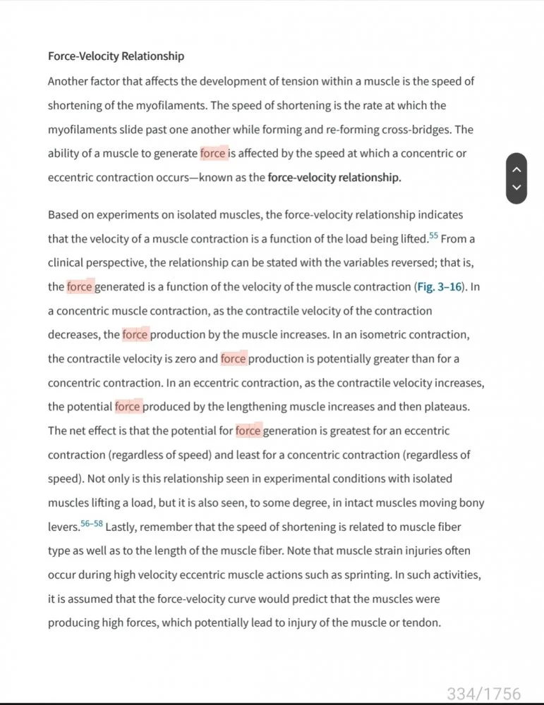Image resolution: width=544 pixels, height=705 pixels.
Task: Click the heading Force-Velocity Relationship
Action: pos(116,56)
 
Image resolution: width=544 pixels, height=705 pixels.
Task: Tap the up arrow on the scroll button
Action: pos(516,169)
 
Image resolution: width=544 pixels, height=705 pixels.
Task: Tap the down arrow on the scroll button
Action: pos(516,188)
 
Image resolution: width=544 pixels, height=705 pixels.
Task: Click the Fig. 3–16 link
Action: pos(439,287)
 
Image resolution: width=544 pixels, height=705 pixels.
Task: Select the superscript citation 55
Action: pos(433,236)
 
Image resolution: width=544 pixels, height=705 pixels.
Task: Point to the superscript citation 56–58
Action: pos(91,524)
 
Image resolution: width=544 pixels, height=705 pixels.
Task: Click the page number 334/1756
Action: pos(483,694)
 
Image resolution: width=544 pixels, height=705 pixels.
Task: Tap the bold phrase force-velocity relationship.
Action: pos(334,178)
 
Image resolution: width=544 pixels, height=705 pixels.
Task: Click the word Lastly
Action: pos(122,527)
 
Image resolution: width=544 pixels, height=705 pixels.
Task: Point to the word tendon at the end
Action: pos(423,623)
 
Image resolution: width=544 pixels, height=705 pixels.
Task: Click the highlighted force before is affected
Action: pos(212,154)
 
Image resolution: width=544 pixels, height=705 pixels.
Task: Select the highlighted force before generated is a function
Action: pos(80,287)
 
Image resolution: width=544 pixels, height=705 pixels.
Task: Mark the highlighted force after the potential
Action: pos(128,407)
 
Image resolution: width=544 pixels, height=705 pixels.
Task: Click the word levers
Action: pos(64,527)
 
